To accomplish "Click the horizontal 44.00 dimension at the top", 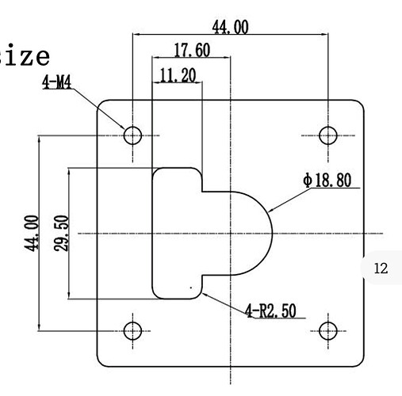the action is pos(231,27).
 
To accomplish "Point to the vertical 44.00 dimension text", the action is pos(32,234).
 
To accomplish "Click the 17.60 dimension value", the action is pos(192,50).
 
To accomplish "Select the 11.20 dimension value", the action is pos(178,75).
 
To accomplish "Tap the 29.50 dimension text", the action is pos(61,234).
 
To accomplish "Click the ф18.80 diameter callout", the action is pos(327,180).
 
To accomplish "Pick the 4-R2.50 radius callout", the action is pos(271,310).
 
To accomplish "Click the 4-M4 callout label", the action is pos(57,82).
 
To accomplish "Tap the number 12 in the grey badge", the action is pos(381,268).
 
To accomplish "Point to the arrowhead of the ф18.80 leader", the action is pos(270,211).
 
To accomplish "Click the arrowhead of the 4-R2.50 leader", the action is pos(204,294).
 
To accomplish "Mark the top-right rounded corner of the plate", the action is pos(360,104).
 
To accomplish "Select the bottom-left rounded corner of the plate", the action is pos(101,363).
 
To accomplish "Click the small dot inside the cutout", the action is pos(191,287).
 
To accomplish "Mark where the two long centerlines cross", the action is pos(231,234).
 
